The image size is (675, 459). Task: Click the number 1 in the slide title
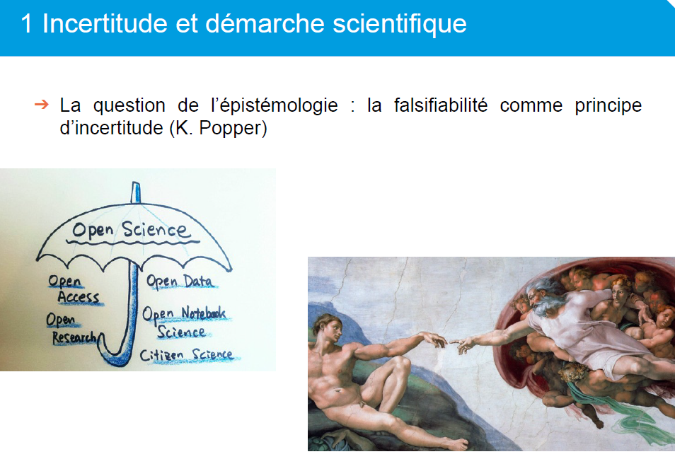pyautogui.click(x=26, y=23)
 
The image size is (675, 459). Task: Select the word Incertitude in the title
pyautogui.click(x=105, y=23)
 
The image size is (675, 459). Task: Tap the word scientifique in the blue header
pyautogui.click(x=400, y=23)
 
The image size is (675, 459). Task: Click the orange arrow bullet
pyautogui.click(x=42, y=104)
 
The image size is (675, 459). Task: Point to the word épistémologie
pyautogui.click(x=275, y=106)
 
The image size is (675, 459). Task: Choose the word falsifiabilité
pyautogui.click(x=441, y=105)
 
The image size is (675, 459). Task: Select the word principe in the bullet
pyautogui.click(x=608, y=106)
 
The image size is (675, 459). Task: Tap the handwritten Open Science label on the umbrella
pyautogui.click(x=131, y=230)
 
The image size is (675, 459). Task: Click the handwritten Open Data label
pyautogui.click(x=180, y=281)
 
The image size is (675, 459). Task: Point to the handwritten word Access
pyautogui.click(x=79, y=297)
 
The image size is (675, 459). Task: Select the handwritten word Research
pyautogui.click(x=74, y=337)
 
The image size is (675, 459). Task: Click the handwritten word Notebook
pyautogui.click(x=203, y=313)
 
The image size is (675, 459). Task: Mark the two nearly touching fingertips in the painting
pyautogui.click(x=448, y=342)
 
